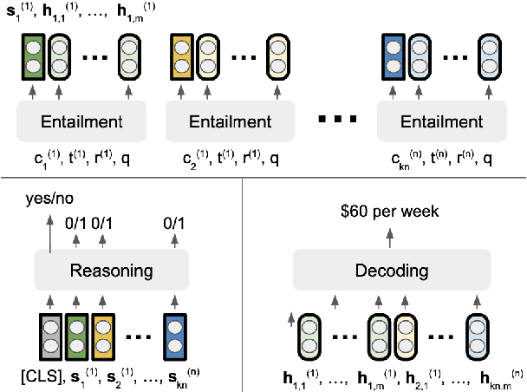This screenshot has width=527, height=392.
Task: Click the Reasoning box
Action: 111,270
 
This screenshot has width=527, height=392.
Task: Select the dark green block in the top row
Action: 32,55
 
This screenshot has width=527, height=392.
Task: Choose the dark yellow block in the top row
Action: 182,55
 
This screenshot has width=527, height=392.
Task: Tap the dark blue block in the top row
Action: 393,55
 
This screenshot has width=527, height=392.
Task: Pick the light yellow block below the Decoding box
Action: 404,338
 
